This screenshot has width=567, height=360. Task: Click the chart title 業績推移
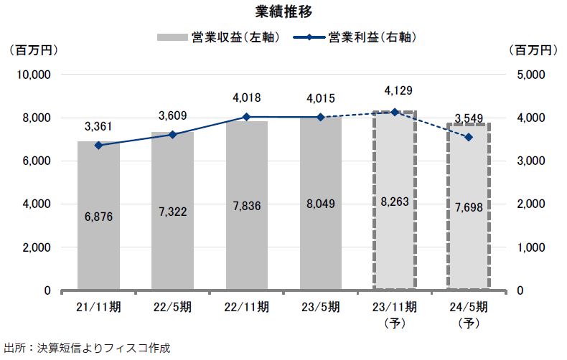click(x=283, y=12)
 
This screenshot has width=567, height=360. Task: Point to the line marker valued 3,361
click(x=98, y=145)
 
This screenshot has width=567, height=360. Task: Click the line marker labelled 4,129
click(x=394, y=112)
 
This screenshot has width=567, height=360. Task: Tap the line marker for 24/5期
click(x=468, y=137)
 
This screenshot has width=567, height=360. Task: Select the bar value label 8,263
click(x=394, y=203)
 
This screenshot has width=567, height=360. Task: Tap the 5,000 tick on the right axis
click(x=532, y=75)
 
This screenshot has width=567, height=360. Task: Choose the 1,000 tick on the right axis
click(x=532, y=247)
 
